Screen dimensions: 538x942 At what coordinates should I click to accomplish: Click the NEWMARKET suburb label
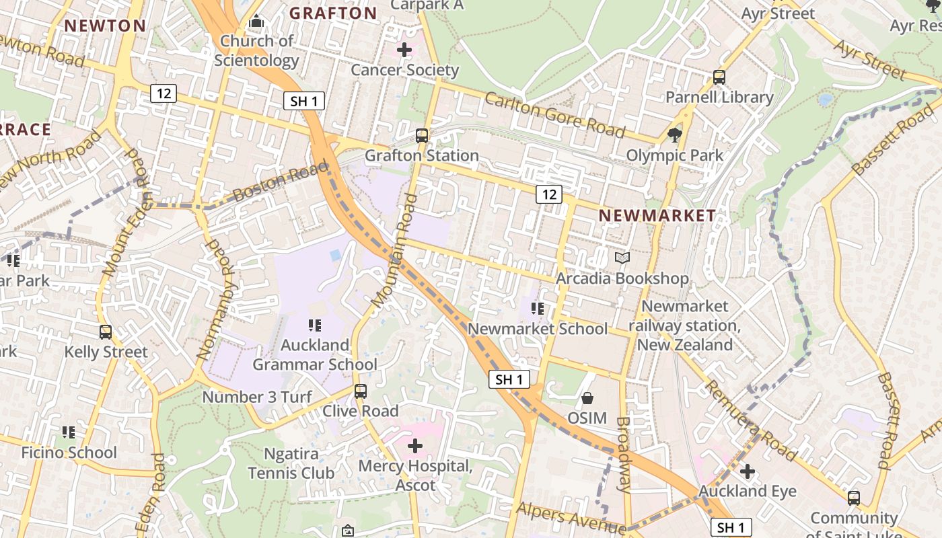coord(657,215)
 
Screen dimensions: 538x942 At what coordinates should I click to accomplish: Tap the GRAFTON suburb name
coord(333,13)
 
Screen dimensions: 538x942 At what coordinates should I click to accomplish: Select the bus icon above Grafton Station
coord(422,136)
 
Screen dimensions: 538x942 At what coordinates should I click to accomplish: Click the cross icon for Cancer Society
coord(404,50)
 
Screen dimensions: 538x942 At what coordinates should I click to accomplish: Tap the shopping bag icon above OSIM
coord(587,398)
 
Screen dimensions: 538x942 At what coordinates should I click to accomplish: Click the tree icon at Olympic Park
coord(674,135)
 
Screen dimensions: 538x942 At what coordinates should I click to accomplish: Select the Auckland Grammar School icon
coord(314,325)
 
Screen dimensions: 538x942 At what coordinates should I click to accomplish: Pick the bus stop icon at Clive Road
coord(361,391)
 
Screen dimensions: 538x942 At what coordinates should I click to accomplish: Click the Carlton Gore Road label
coord(554,114)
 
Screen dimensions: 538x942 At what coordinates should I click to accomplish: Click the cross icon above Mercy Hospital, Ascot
coord(415,445)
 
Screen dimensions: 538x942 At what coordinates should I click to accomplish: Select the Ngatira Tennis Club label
coord(291,463)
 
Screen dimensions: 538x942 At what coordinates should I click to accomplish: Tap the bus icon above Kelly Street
coord(106,332)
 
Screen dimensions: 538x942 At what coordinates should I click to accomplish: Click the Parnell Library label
coord(719,97)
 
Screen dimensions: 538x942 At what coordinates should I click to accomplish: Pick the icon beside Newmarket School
coord(537,309)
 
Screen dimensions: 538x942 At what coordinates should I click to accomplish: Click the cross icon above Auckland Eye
coord(747,471)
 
